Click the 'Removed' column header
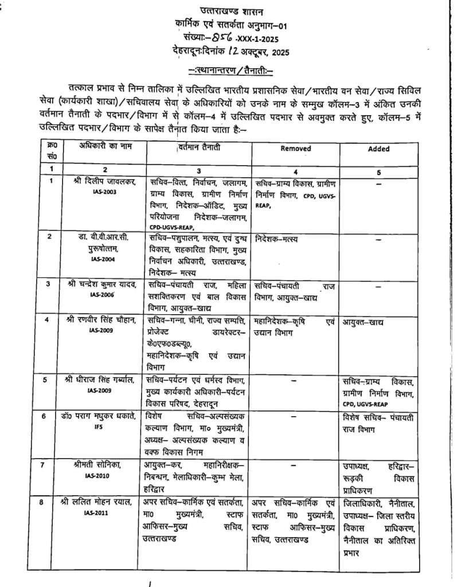click(x=296, y=148)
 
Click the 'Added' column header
click(x=378, y=148)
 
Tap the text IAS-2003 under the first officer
click(x=103, y=192)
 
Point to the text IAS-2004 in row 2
click(x=104, y=260)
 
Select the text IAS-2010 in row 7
click(x=103, y=475)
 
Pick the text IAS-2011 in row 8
click(x=103, y=512)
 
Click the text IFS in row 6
click(x=104, y=428)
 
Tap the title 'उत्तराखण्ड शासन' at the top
click(x=233, y=11)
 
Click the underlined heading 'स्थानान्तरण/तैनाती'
click(x=233, y=70)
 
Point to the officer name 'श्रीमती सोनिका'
click(x=103, y=464)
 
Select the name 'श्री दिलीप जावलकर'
click(x=105, y=182)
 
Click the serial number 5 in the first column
click(x=51, y=379)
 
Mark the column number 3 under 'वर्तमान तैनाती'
click(x=198, y=171)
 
